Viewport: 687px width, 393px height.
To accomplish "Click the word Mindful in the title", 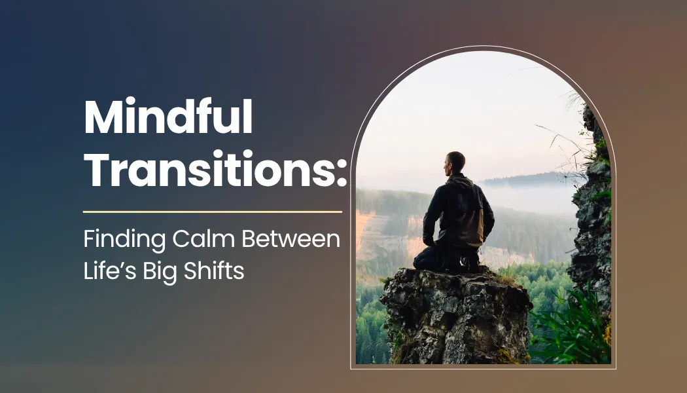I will (x=168, y=120).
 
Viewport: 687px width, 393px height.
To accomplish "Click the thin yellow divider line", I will (x=213, y=212).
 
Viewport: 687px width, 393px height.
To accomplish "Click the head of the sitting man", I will (x=455, y=162).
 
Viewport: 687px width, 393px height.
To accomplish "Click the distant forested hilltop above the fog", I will (x=523, y=178).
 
